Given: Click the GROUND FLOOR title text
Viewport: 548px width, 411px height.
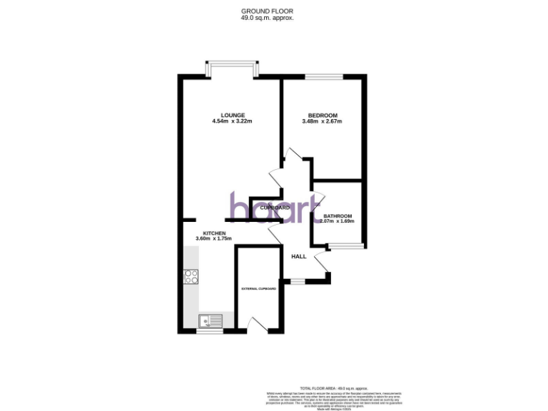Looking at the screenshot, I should pyautogui.click(x=267, y=11).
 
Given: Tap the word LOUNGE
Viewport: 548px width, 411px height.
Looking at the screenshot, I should pyautogui.click(x=233, y=115).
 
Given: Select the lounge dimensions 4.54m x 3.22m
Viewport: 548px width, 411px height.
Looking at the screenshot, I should pyautogui.click(x=233, y=121).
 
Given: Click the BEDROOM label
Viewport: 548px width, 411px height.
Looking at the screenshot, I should pyautogui.click(x=323, y=115).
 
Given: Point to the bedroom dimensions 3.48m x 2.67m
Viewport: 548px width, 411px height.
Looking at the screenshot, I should pyautogui.click(x=323, y=121).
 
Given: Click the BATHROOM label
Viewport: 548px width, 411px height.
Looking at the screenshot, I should pyautogui.click(x=338, y=215).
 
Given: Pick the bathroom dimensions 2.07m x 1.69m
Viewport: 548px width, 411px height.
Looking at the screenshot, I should pyautogui.click(x=338, y=221).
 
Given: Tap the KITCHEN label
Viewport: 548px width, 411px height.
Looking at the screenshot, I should pyautogui.click(x=214, y=233).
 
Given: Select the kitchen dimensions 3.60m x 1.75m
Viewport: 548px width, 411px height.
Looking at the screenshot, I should pyautogui.click(x=214, y=239).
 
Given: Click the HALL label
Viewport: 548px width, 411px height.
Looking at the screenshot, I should pyautogui.click(x=298, y=255).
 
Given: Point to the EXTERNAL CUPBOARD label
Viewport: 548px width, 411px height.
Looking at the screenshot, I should pyautogui.click(x=258, y=289).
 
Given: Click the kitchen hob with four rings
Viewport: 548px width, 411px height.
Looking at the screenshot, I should pyautogui.click(x=191, y=275).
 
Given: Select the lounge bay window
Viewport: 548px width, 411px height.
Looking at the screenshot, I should pyautogui.click(x=231, y=68).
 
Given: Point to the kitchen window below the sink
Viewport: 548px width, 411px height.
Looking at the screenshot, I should pyautogui.click(x=210, y=331).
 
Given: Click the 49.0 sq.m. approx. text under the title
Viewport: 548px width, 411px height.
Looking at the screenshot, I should pyautogui.click(x=267, y=18).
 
